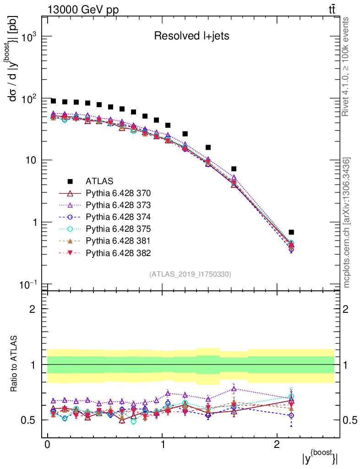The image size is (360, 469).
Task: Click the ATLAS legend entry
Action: [100, 181]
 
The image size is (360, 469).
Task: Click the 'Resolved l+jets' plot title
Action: [191, 36]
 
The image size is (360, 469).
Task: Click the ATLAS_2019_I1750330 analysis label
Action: [190, 274]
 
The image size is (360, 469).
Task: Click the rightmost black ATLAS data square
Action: [291, 232]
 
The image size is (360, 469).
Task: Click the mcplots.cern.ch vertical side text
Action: [346, 222]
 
